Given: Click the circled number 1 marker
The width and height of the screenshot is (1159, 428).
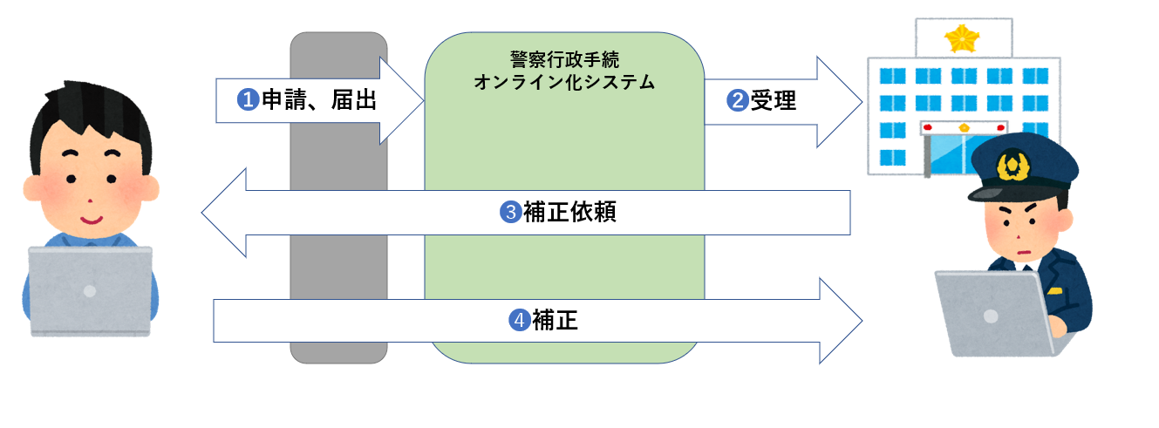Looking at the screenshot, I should (249, 100).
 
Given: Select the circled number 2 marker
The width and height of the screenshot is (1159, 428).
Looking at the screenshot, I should (738, 100).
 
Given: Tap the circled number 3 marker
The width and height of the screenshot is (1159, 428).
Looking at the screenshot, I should (511, 213).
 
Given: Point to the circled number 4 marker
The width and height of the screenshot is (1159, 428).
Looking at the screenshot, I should (519, 322).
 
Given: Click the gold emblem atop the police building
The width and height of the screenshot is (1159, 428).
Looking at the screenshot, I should (963, 37).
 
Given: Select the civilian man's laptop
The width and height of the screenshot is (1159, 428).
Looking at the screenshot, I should (91, 290).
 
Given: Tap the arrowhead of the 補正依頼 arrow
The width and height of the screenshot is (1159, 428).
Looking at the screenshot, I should (223, 213).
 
